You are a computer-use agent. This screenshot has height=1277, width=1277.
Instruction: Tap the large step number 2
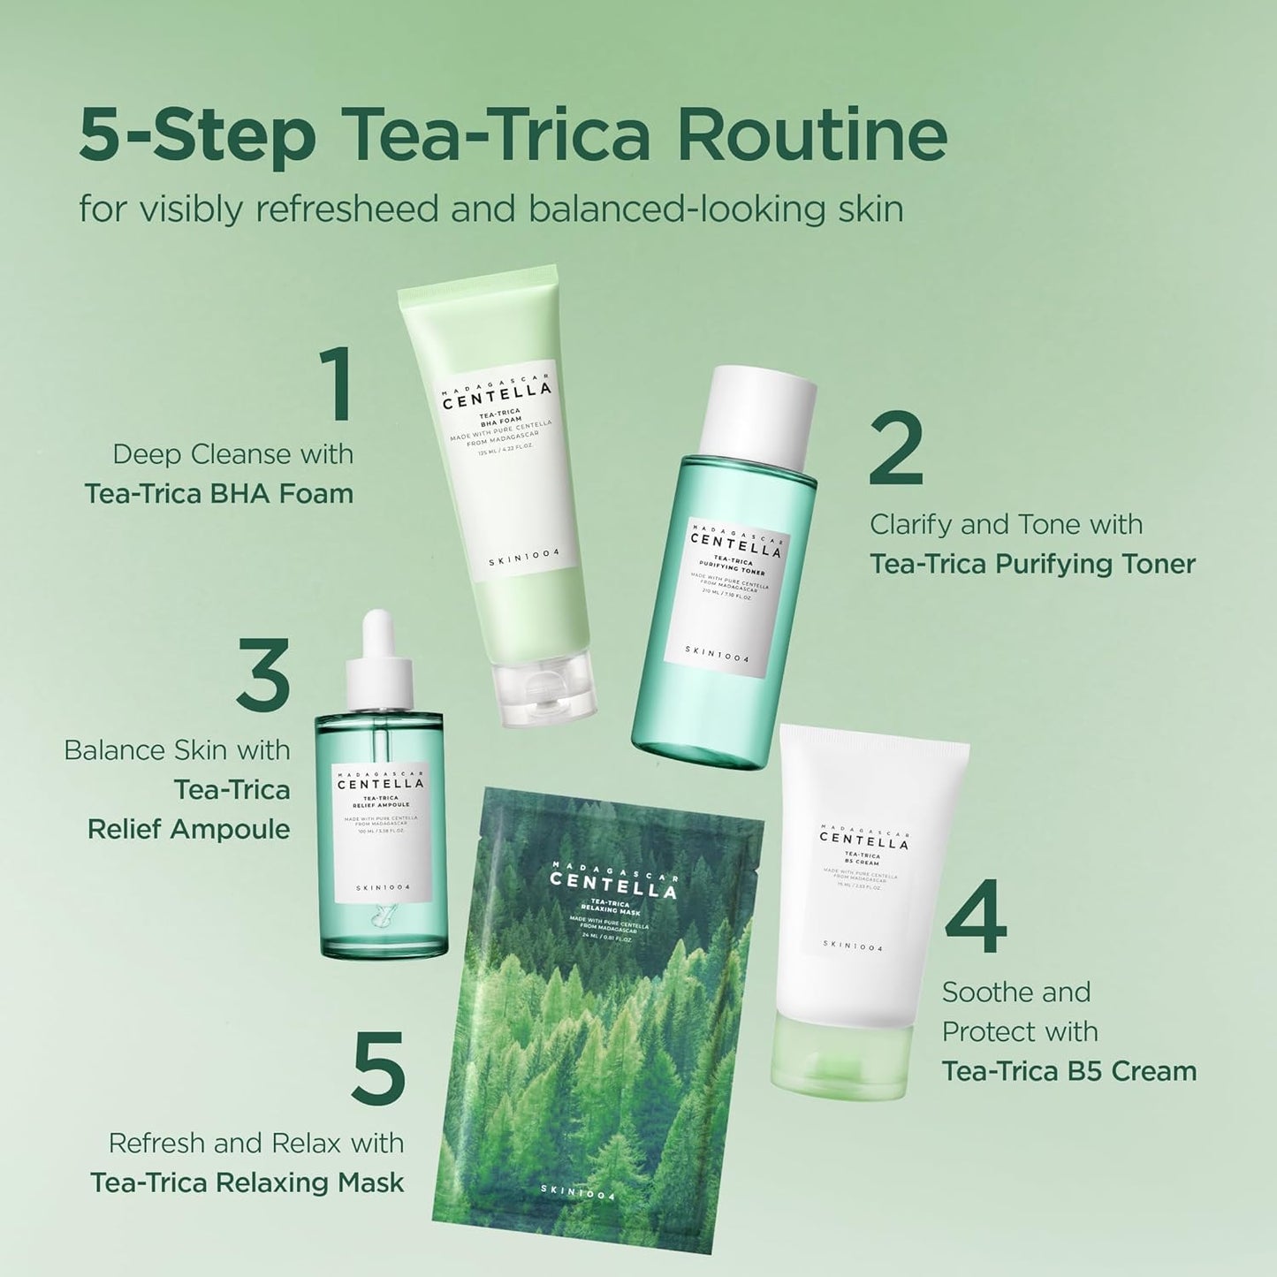click(896, 448)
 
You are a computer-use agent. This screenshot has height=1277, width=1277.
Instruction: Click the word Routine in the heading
click(812, 135)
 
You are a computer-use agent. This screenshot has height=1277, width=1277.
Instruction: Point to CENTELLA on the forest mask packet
click(613, 885)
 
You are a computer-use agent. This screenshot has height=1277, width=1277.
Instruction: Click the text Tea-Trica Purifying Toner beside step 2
click(1032, 564)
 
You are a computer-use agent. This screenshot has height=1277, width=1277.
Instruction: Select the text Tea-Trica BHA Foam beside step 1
click(218, 493)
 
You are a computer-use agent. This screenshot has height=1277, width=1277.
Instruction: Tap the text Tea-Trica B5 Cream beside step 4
click(1068, 1071)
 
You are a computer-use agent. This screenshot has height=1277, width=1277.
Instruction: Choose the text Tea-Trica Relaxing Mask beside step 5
click(247, 1182)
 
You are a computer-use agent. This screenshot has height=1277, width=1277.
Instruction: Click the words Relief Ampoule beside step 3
click(188, 829)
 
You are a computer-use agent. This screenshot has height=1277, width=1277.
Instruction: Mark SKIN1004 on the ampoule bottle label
click(383, 887)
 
